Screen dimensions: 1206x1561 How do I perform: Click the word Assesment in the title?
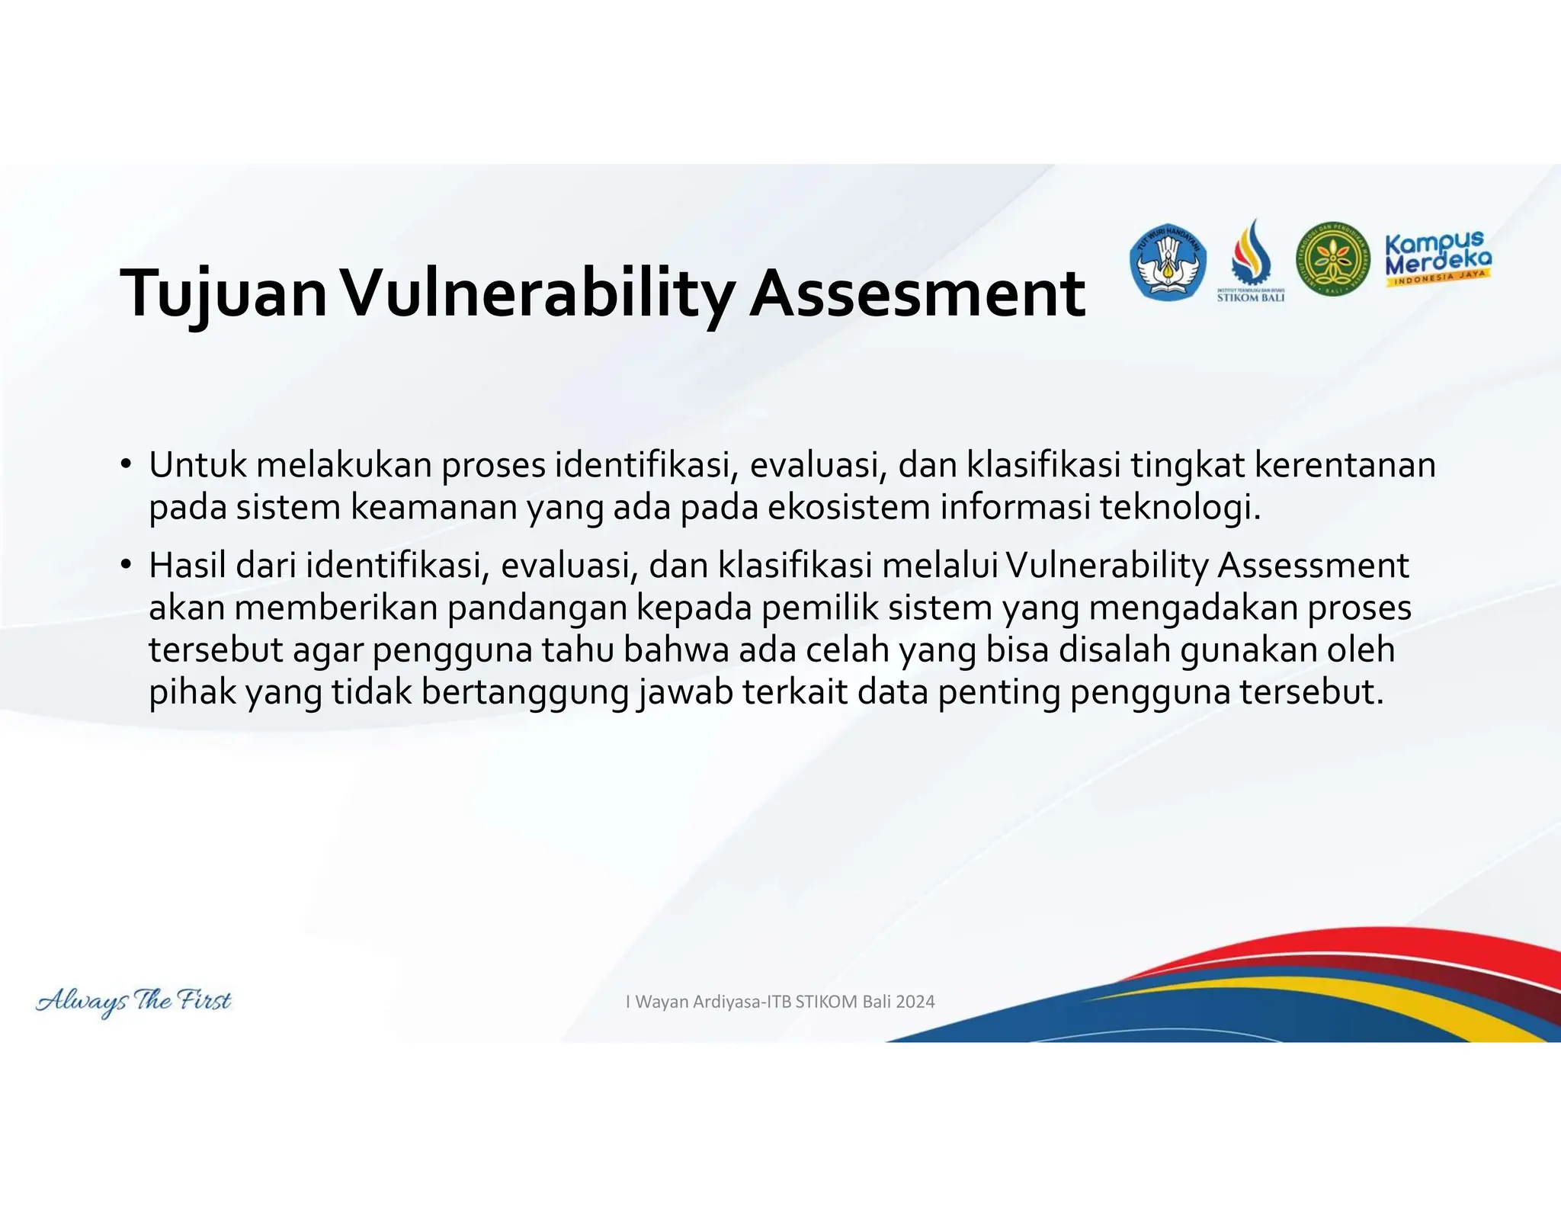point(917,294)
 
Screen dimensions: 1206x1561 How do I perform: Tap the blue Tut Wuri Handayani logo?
point(1167,262)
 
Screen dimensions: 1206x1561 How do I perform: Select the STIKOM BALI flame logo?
point(1251,259)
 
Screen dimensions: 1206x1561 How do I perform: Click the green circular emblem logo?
point(1332,260)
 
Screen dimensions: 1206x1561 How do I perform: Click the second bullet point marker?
point(126,566)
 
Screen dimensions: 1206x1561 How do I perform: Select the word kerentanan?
point(1345,465)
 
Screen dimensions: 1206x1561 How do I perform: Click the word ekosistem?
point(848,507)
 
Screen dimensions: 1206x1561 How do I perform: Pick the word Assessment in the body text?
point(1313,566)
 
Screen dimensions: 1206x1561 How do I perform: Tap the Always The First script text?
point(133,1001)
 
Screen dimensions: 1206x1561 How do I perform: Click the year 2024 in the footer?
point(915,1002)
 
